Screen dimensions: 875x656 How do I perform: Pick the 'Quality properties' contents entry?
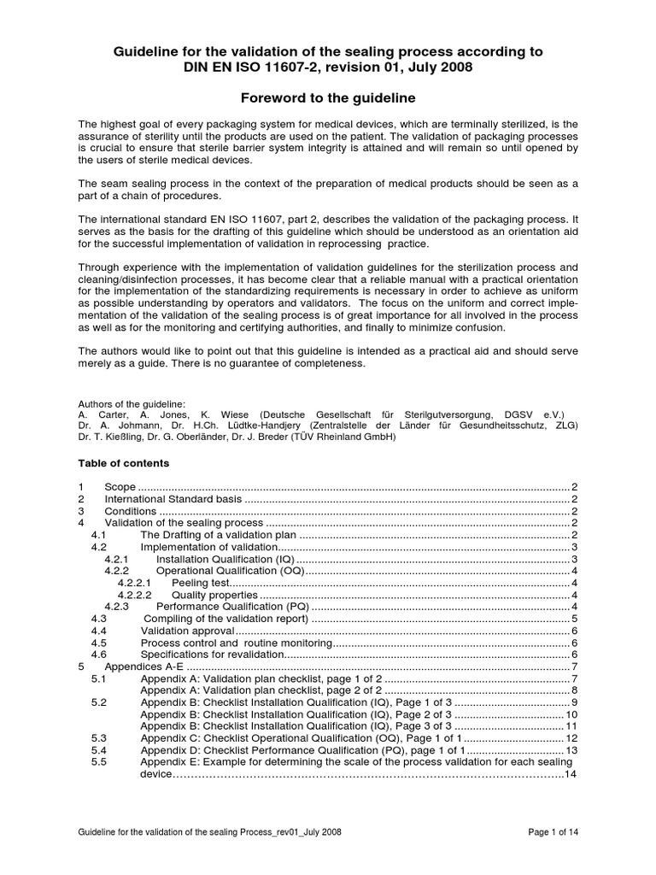tap(214, 595)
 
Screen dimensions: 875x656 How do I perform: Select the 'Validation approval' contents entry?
tap(181, 631)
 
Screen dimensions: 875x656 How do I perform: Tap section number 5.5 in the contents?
tap(98, 762)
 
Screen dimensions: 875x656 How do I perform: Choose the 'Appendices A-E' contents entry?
tap(144, 667)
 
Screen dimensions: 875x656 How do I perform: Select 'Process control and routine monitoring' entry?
tap(235, 643)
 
